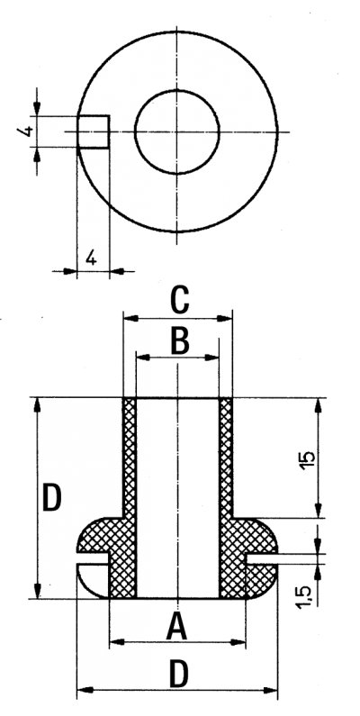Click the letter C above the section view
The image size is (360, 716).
[x=179, y=300]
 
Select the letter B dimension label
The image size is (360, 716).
[x=180, y=341]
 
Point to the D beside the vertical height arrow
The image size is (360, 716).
[x=51, y=498]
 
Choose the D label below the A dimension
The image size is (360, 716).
[x=178, y=674]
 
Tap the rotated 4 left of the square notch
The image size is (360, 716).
[x=26, y=131]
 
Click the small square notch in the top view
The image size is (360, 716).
[x=93, y=131]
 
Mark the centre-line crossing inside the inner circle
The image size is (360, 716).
[x=177, y=132]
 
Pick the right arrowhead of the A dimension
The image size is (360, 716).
[x=238, y=642]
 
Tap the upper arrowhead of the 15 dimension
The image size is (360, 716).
[x=319, y=405]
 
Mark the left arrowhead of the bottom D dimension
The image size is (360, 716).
[x=84, y=691]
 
